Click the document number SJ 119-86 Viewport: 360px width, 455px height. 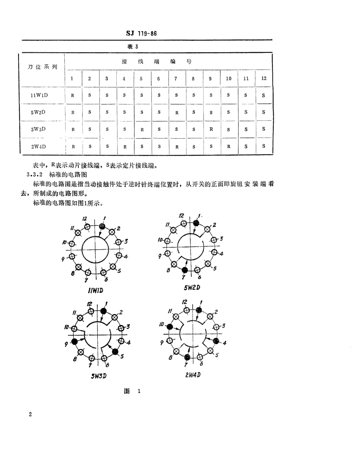click(141, 33)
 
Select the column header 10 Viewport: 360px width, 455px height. click(229, 79)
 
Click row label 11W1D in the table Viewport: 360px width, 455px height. click(39, 95)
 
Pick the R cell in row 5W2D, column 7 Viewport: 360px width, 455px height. click(176, 112)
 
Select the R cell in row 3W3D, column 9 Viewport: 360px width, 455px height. click(211, 129)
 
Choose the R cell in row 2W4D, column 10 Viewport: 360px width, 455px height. click(229, 146)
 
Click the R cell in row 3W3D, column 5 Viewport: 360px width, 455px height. click(142, 129)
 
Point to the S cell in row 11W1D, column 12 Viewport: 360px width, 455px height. click(263, 95)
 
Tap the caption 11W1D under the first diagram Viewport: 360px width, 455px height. click(95, 291)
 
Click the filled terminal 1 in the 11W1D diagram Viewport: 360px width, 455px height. click(102, 226)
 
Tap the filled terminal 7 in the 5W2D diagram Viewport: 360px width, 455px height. click(185, 270)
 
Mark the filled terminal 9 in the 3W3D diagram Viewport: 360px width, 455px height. click(75, 342)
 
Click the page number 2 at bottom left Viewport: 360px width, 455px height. click(30, 414)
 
